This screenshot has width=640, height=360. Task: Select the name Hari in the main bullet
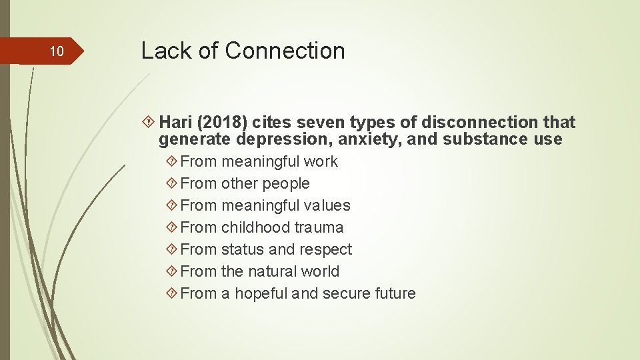point(175,123)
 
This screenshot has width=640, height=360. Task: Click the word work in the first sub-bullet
point(321,161)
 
